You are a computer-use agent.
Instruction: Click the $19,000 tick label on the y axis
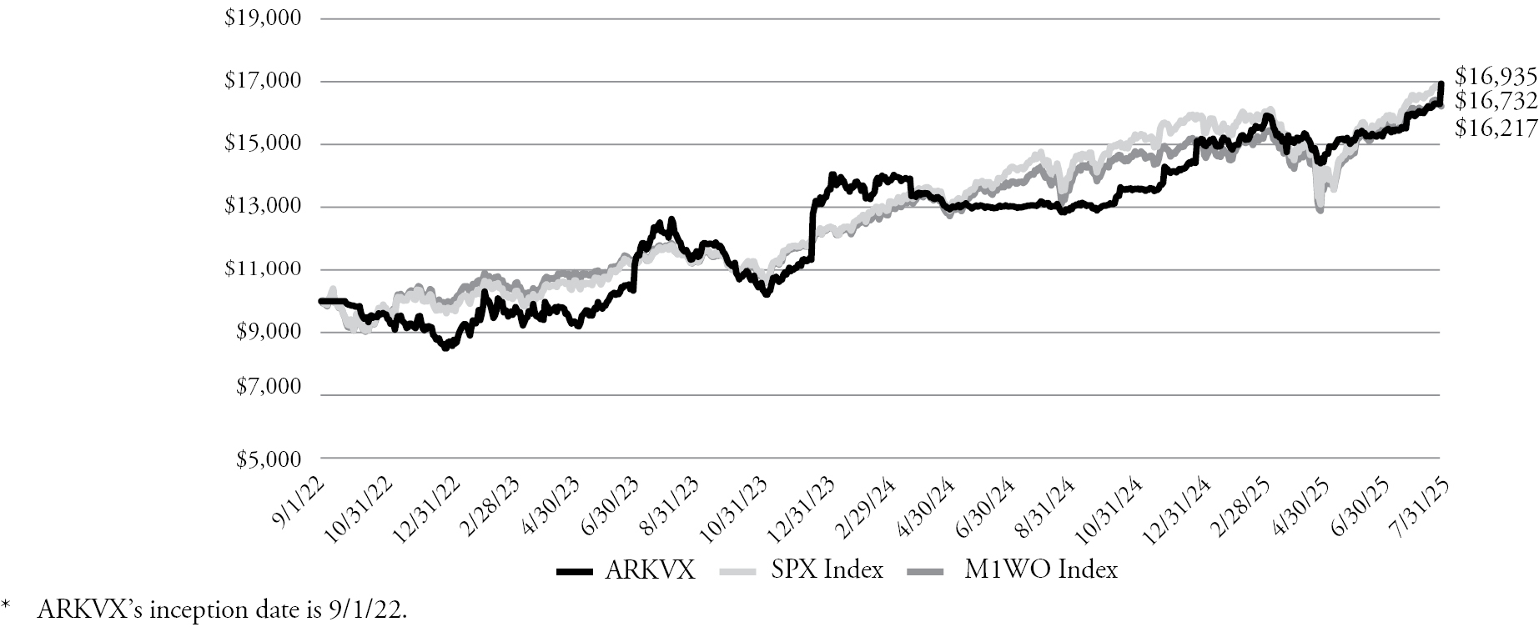click(x=262, y=18)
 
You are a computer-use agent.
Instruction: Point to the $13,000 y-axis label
click(x=262, y=206)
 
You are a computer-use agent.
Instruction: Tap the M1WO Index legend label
click(x=1041, y=570)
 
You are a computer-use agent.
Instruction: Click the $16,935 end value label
click(x=1496, y=77)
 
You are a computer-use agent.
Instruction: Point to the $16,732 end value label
click(x=1496, y=102)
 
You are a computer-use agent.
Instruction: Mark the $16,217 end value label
click(x=1496, y=128)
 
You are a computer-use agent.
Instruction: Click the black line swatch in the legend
click(x=574, y=571)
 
